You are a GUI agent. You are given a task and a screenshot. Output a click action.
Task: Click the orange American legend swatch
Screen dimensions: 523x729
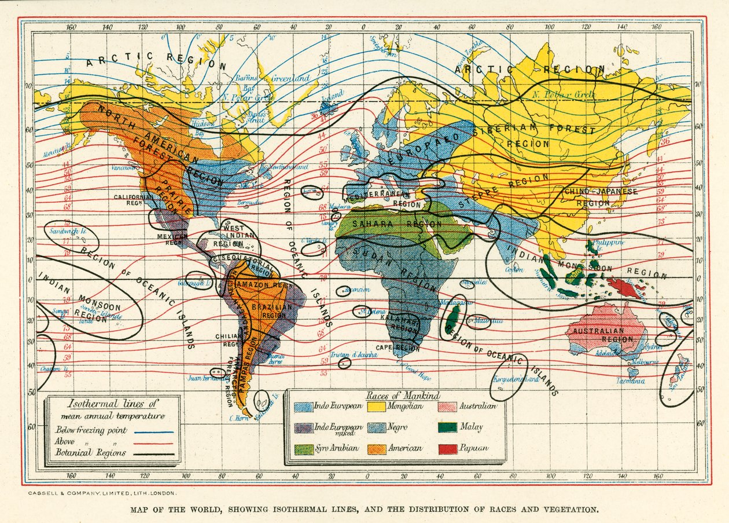click(x=377, y=448)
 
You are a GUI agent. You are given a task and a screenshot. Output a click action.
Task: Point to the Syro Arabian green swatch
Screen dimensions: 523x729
click(x=304, y=448)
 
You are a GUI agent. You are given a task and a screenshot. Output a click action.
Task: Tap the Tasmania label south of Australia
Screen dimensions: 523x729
click(x=629, y=381)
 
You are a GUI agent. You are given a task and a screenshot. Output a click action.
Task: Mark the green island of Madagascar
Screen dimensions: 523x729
click(x=452, y=321)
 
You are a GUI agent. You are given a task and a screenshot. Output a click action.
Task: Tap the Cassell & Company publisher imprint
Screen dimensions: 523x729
click(x=101, y=493)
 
